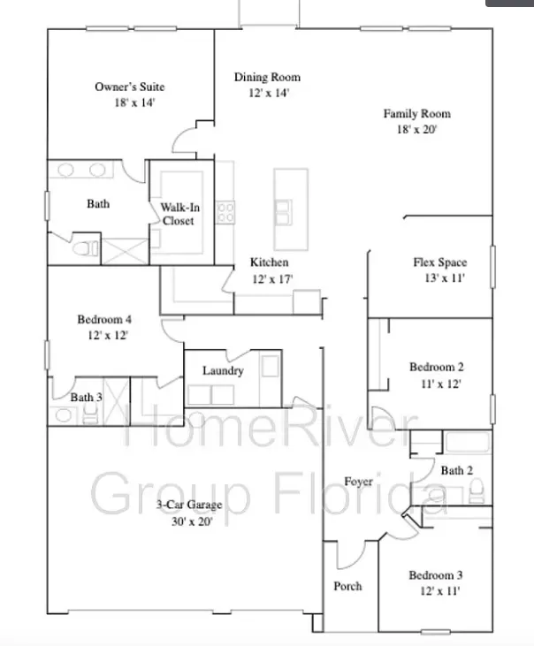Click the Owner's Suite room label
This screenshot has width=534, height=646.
pyautogui.click(x=130, y=87)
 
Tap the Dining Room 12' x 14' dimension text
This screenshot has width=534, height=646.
pyautogui.click(x=269, y=93)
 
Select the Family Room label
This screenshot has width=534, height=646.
pyautogui.click(x=417, y=114)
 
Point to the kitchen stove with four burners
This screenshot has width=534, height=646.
pyautogui.click(x=225, y=212)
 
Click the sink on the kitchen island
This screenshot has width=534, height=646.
pyautogui.click(x=284, y=212)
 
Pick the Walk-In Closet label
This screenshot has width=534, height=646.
pyautogui.click(x=179, y=214)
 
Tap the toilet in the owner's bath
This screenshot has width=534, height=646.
pyautogui.click(x=86, y=248)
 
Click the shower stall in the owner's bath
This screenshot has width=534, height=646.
pyautogui.click(x=125, y=251)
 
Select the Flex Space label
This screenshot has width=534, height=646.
pyautogui.click(x=440, y=262)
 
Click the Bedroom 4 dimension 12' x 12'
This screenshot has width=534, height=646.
pyautogui.click(x=108, y=335)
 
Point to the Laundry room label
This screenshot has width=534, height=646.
pyautogui.click(x=223, y=371)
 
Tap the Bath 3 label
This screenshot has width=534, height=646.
pyautogui.click(x=86, y=397)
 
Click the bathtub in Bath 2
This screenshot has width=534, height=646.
pyautogui.click(x=468, y=442)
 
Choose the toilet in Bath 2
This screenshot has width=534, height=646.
pyautogui.click(x=477, y=491)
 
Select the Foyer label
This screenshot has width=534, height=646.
pyautogui.click(x=358, y=482)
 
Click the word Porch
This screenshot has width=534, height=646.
pyautogui.click(x=347, y=586)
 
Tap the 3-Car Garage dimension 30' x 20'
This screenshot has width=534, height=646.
pyautogui.click(x=192, y=521)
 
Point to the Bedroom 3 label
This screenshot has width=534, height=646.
pyautogui.click(x=436, y=575)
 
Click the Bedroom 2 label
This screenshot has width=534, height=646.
pyautogui.click(x=437, y=367)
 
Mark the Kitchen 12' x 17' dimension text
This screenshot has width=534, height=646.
pyautogui.click(x=272, y=279)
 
